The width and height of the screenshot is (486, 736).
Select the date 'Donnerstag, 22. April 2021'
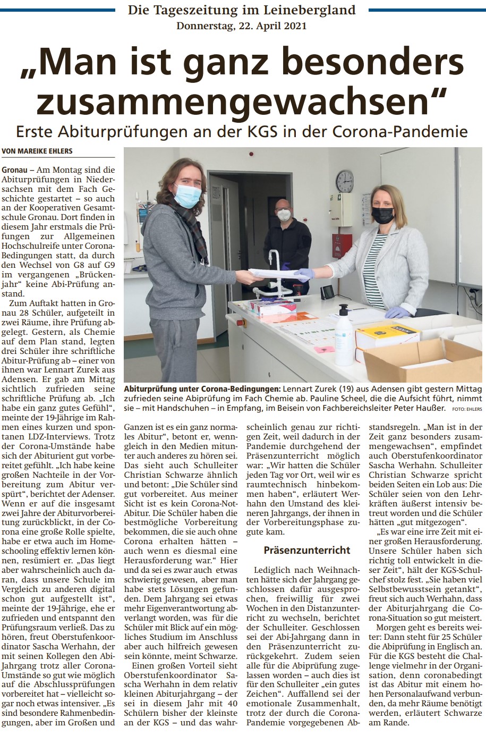point(242,26)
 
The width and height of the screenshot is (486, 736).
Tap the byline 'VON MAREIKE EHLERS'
point(37,151)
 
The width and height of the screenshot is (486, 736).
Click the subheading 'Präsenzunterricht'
point(307,550)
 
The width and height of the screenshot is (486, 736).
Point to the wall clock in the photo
point(344,181)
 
